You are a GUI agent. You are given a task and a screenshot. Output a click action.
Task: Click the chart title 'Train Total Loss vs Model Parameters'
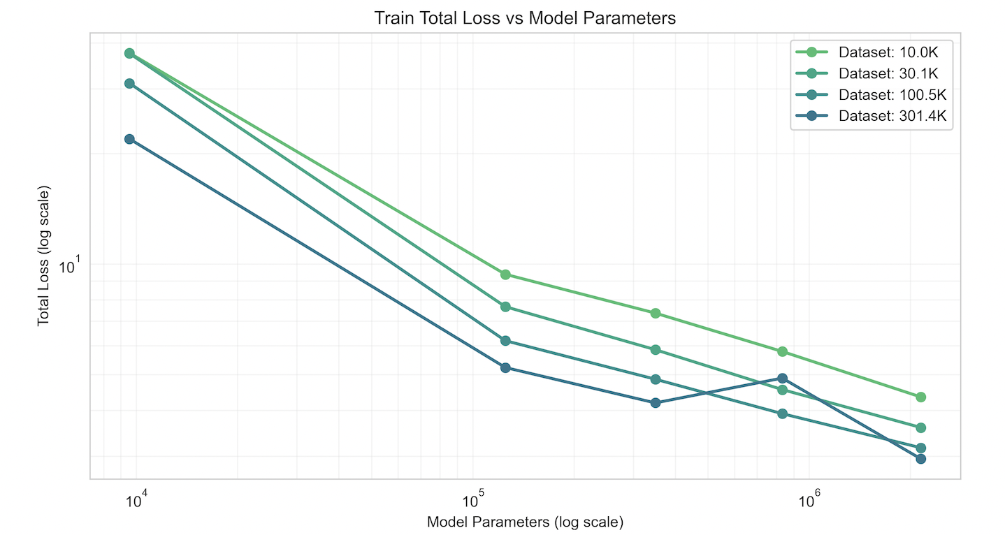click(525, 18)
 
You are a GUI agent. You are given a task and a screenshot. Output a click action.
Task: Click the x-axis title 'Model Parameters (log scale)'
click(525, 522)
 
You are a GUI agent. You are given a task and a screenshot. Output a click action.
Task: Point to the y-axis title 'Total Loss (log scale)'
click(43, 256)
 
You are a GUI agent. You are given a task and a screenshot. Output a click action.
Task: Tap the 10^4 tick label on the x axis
click(137, 500)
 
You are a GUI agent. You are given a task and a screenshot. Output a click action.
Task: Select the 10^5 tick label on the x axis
click(473, 500)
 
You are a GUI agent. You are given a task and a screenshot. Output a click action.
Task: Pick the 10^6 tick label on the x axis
click(809, 500)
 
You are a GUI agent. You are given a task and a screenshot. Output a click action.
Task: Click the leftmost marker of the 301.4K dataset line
click(129, 139)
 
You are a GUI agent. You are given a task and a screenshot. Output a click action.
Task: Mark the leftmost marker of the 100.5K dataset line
click(129, 83)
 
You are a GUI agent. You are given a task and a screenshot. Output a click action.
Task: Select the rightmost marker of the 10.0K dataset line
click(920, 397)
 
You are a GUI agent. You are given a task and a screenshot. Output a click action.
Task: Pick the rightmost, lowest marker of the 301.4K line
click(920, 459)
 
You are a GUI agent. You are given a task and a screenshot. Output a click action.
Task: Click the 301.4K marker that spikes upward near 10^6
click(782, 378)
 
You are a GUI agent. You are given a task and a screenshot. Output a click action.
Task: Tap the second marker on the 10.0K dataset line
click(505, 274)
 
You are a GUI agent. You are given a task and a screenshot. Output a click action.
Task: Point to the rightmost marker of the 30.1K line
click(920, 427)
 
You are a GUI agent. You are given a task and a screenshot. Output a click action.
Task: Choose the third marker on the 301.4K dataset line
click(656, 403)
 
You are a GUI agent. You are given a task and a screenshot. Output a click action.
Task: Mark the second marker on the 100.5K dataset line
click(505, 341)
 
